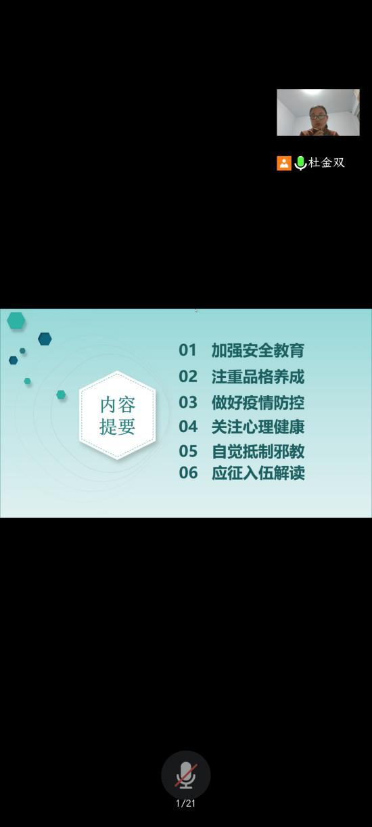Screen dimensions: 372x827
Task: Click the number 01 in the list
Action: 187,350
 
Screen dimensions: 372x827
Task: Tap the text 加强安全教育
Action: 258,350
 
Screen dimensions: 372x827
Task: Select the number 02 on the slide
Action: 187,377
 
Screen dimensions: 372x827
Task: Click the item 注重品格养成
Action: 258,377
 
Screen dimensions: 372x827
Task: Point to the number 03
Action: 187,402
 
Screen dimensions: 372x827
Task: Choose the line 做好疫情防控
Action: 258,402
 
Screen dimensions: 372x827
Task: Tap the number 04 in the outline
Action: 188,427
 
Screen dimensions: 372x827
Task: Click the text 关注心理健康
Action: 258,427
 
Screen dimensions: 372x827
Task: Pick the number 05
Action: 188,451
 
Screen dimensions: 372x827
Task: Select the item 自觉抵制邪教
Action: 258,451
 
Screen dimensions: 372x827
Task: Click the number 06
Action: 188,473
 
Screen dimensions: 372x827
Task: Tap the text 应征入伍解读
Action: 258,473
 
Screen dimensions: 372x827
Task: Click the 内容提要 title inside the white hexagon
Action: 118,416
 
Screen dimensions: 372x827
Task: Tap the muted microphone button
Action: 186,775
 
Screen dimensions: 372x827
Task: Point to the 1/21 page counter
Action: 185,803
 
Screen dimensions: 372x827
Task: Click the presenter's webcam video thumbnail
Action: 318,112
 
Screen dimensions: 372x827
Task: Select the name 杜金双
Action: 327,162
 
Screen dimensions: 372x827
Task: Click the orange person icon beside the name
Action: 284,163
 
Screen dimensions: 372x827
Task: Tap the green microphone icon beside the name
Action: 300,163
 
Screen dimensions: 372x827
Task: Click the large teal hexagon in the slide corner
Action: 16,321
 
